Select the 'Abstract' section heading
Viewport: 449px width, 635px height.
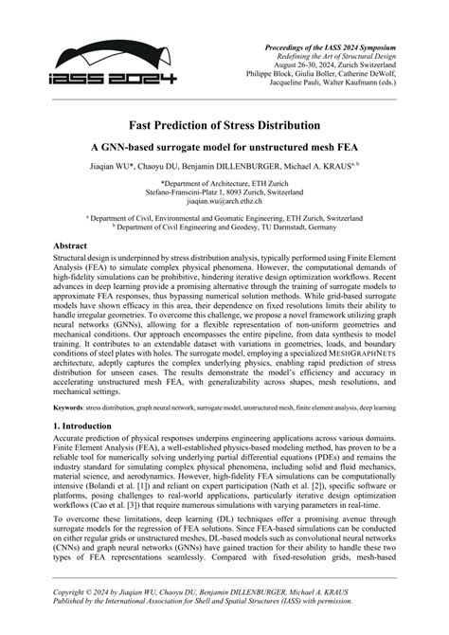[78, 245]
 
